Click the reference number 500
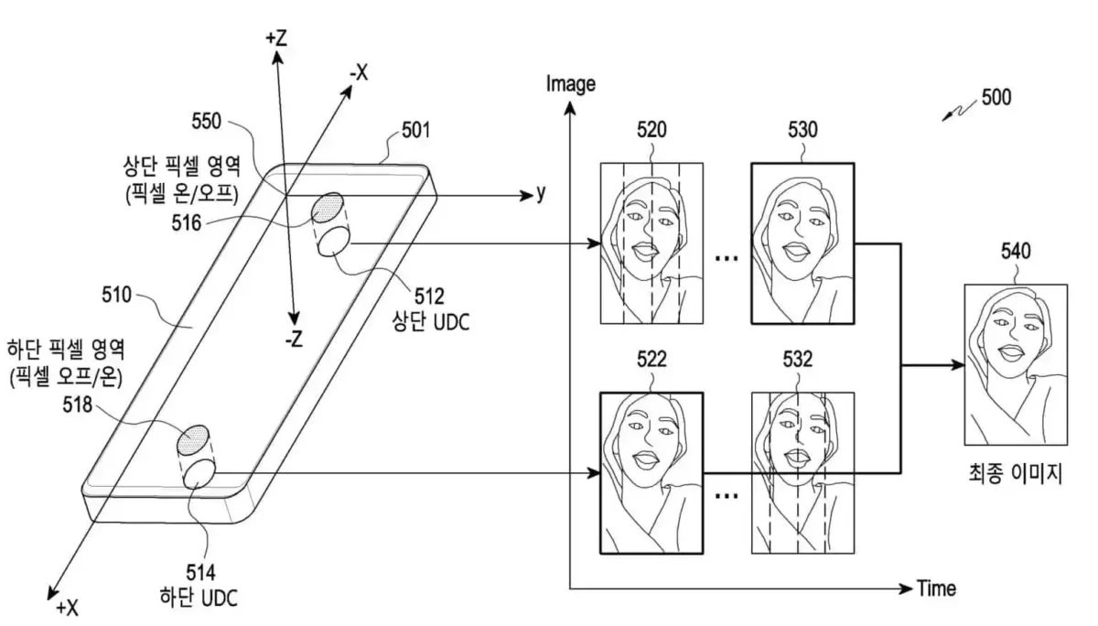pyautogui.click(x=996, y=97)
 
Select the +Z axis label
pyautogui.click(x=276, y=38)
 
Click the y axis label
pyautogui.click(x=541, y=193)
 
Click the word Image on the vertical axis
pyautogui.click(x=570, y=85)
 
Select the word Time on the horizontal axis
pyautogui.click(x=938, y=588)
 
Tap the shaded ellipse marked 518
pyautogui.click(x=195, y=440)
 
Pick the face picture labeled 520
pyautogui.click(x=651, y=243)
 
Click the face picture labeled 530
pyautogui.click(x=802, y=243)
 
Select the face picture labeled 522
pyautogui.click(x=651, y=473)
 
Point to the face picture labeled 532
pyautogui.click(x=802, y=473)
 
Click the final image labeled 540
pyautogui.click(x=1015, y=363)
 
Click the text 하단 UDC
pyautogui.click(x=199, y=599)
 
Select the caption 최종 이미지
pyautogui.click(x=1015, y=474)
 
